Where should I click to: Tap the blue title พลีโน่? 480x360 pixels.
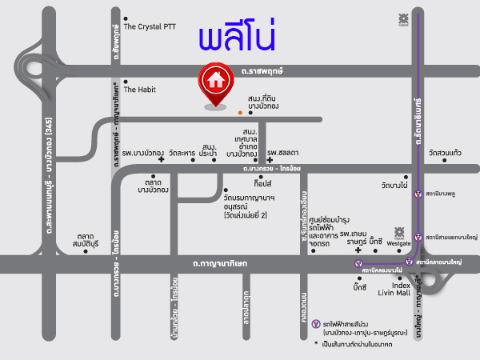229,38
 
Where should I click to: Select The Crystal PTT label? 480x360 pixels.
149,26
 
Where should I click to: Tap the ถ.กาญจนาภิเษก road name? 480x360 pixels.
220,262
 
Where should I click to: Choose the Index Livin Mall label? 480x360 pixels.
401,288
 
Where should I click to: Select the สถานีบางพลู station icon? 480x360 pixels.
418,216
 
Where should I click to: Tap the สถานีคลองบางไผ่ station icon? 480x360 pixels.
358,262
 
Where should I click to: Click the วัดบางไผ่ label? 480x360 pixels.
395,185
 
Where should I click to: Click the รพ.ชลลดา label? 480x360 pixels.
283,152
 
